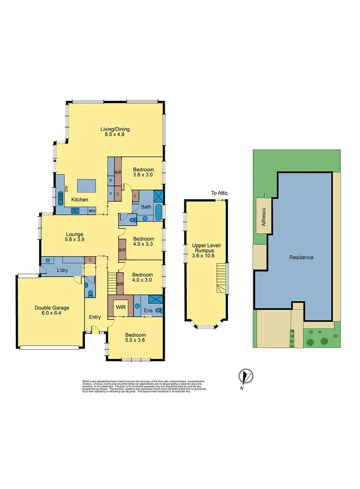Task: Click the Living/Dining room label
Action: coord(115,132)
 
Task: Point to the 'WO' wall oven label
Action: coord(91,210)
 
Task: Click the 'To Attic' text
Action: coord(219,193)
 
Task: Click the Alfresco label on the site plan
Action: coord(263,218)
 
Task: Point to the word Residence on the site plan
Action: coord(301,257)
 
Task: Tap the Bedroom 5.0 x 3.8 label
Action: coord(135,338)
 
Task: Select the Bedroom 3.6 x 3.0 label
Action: coord(143,172)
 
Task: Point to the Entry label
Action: coord(95,317)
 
